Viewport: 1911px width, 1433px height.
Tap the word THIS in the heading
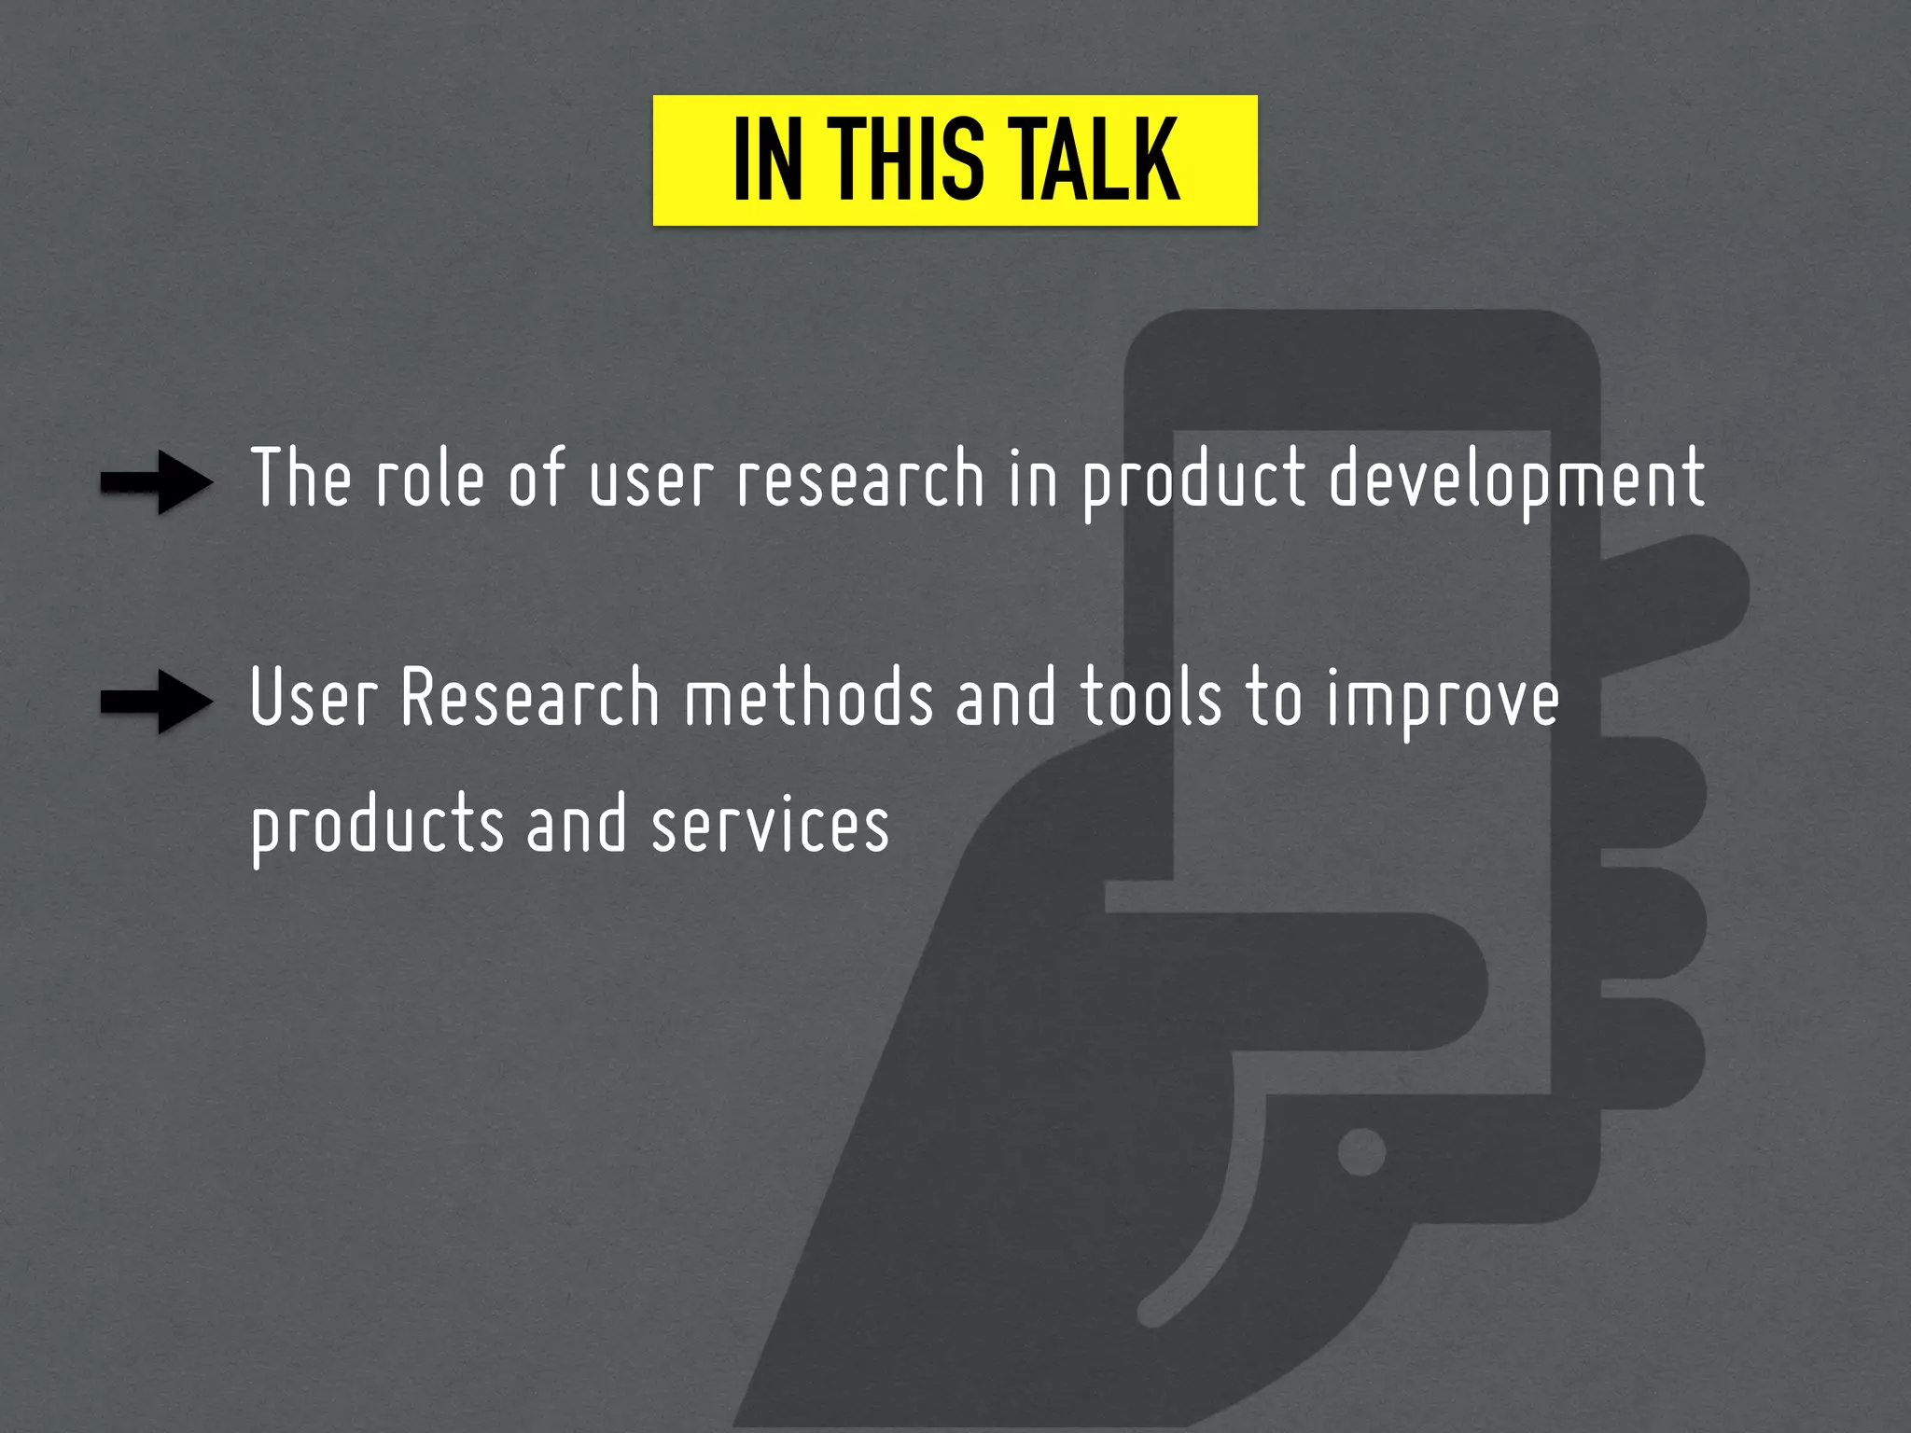(x=905, y=160)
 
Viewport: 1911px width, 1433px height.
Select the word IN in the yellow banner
(x=767, y=160)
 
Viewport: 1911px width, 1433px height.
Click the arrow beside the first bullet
(x=157, y=481)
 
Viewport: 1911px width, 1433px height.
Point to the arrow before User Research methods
(x=157, y=702)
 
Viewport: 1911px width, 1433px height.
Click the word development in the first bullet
(x=1516, y=478)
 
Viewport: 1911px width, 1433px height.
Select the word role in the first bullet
(x=430, y=478)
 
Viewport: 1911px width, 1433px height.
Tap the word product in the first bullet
(x=1193, y=480)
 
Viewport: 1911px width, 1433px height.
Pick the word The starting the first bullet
(x=300, y=478)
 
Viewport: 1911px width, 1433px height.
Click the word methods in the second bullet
(x=808, y=698)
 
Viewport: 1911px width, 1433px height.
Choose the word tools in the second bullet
(x=1150, y=698)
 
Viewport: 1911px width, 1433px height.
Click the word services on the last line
(x=770, y=825)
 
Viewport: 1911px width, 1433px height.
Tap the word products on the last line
(x=377, y=827)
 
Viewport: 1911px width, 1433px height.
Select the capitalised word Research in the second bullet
(x=530, y=698)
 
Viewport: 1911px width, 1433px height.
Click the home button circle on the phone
(x=1361, y=1151)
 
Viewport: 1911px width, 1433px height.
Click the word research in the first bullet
(x=860, y=478)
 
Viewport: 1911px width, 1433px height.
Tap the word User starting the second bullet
(x=314, y=698)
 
